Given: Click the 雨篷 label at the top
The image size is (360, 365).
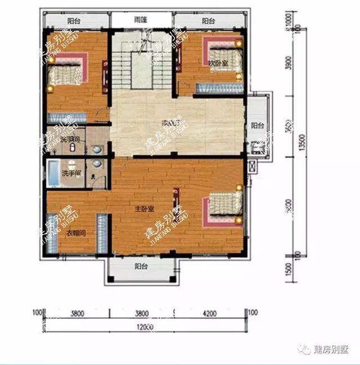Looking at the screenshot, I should point(141,19).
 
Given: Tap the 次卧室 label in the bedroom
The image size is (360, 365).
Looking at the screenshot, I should point(218,63).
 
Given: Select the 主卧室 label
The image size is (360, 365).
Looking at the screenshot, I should point(144,209).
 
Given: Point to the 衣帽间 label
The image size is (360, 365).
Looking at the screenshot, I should point(73,233).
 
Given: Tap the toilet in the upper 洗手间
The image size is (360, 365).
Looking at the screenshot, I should point(74,147).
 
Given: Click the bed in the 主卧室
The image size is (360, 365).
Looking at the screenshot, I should point(225,207).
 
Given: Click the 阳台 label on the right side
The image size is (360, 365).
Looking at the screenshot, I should point(257,125).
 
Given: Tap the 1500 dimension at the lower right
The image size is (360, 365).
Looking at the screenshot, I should point(290,269).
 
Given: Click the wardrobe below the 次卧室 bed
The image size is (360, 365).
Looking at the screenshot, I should point(211,89).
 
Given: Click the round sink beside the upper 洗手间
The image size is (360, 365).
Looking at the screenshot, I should point(98,150).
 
